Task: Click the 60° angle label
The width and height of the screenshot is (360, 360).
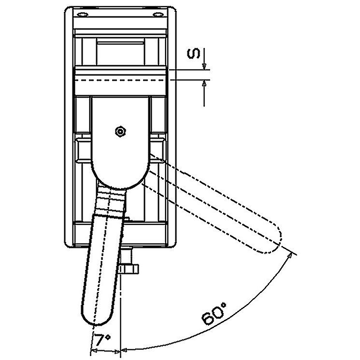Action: (x=214, y=314)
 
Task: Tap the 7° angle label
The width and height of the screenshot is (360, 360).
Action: (x=102, y=340)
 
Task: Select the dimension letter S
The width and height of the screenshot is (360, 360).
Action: (x=194, y=54)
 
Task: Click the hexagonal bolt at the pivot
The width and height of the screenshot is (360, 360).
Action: (x=120, y=132)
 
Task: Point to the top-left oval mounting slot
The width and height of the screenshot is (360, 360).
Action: (x=83, y=14)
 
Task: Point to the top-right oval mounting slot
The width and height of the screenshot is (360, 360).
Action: (x=158, y=14)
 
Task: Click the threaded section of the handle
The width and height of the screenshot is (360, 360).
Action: (x=111, y=201)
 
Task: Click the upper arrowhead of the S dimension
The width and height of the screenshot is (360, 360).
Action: (x=204, y=66)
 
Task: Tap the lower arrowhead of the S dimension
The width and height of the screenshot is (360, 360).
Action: (x=204, y=83)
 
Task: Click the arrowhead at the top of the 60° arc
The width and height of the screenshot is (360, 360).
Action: (x=290, y=255)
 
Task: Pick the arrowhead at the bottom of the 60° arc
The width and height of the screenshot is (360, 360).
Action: (x=124, y=351)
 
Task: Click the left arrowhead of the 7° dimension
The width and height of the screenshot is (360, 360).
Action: (x=94, y=351)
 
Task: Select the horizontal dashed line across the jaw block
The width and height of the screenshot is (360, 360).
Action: (x=120, y=80)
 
